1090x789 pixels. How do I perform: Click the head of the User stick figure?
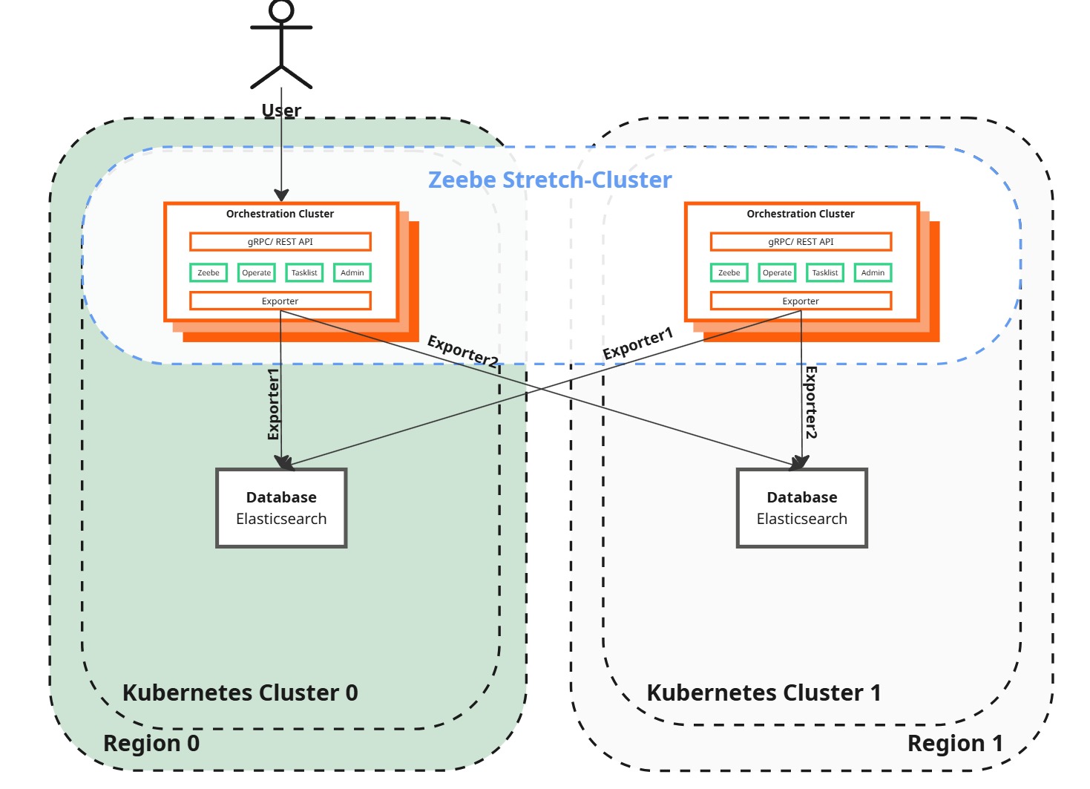point(281,10)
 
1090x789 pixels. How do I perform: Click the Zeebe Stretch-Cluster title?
point(550,180)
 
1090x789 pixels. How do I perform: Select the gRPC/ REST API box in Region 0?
point(280,242)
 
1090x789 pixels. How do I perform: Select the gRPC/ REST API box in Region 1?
point(801,242)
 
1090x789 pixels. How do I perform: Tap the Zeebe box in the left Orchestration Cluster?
point(209,273)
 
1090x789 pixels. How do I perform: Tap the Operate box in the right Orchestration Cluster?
point(777,273)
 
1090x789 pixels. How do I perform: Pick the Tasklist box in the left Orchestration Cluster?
point(304,273)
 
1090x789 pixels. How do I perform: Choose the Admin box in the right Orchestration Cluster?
point(873,273)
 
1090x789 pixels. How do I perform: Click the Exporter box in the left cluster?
point(280,301)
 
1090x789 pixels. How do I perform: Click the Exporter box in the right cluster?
point(801,301)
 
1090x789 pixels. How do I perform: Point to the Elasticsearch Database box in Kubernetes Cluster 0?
point(281,508)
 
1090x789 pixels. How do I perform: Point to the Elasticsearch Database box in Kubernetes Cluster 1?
point(801,508)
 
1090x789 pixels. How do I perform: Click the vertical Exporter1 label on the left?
point(273,404)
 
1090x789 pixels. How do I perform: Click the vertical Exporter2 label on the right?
point(811,402)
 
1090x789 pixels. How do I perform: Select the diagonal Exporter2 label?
point(463,350)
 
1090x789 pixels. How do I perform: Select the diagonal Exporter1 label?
point(637,343)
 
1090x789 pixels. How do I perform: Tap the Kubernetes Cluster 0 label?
point(240,693)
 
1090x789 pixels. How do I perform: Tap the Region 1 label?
point(954,743)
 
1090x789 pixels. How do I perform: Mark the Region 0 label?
point(151,743)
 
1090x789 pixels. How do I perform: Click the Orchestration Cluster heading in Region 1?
point(800,214)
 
